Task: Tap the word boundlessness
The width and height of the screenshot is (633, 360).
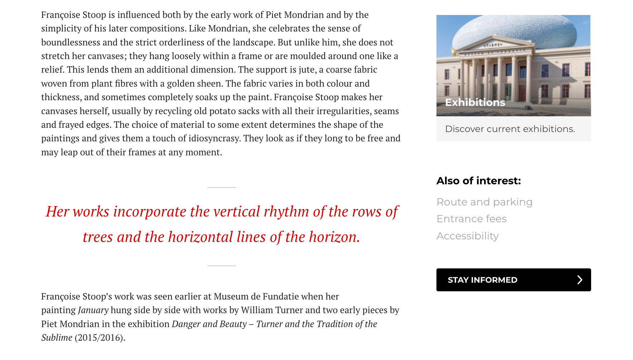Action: click(x=71, y=42)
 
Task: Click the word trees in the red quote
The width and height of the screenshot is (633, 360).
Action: click(x=98, y=237)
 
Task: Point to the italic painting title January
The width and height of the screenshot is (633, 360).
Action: click(x=93, y=310)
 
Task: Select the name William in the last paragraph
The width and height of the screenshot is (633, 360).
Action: click(x=257, y=310)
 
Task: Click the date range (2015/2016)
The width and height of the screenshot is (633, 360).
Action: click(x=100, y=338)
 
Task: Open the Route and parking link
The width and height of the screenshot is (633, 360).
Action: click(x=484, y=202)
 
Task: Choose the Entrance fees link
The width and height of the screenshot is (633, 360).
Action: click(x=472, y=219)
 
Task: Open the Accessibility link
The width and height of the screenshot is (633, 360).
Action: click(x=468, y=236)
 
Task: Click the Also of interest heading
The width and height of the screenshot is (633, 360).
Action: click(x=478, y=181)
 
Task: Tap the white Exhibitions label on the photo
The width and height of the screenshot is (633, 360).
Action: click(x=475, y=103)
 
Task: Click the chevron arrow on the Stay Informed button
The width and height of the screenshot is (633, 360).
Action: click(x=580, y=280)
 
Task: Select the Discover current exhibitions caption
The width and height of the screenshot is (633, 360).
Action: click(x=510, y=129)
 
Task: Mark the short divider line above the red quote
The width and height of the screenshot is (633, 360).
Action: click(x=221, y=187)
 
